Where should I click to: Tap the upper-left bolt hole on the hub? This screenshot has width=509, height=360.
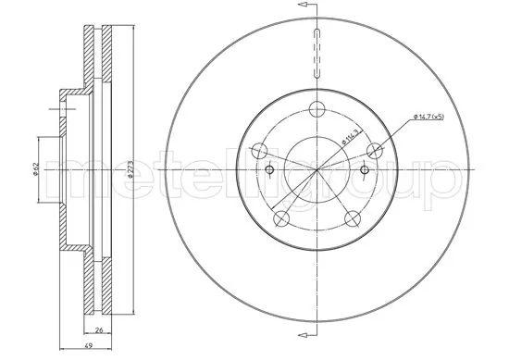[260, 149]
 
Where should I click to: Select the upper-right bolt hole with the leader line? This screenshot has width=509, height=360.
[375, 150]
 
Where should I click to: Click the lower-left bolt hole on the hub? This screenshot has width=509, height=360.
[281, 217]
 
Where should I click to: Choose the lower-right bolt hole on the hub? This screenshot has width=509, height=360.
[353, 217]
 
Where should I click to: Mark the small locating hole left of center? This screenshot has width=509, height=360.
[270, 169]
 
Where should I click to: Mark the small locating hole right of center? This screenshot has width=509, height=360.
[364, 169]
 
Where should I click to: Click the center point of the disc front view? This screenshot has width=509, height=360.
[317, 170]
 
